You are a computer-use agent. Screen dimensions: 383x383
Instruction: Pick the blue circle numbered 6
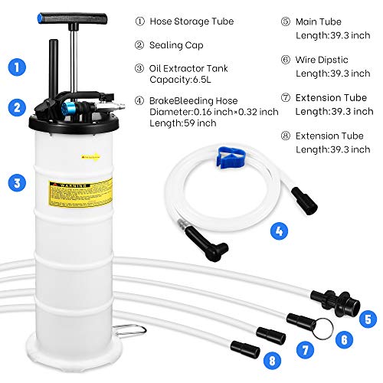(345, 336)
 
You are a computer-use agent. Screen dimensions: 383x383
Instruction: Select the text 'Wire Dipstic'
(316, 58)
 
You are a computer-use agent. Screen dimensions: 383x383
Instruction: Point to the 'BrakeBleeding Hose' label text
(194, 99)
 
